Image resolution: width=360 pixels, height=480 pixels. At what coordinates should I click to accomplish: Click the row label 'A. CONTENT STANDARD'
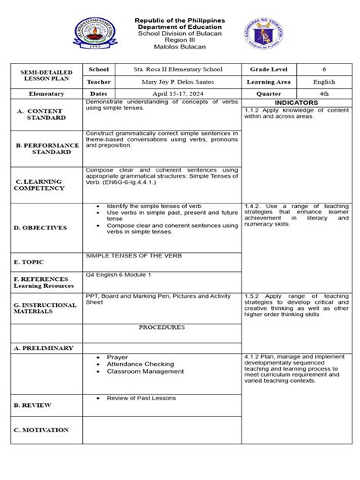click(x=46, y=115)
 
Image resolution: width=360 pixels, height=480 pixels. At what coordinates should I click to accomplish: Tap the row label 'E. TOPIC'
click(x=30, y=261)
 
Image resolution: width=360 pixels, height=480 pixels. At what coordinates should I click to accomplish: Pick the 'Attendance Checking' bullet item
click(x=140, y=365)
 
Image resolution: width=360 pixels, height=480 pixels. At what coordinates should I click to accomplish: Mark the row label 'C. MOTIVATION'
click(x=42, y=430)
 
